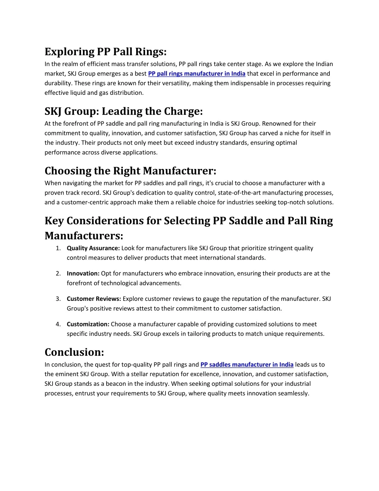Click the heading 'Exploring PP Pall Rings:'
click(105, 52)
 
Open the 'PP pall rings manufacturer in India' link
click(197, 74)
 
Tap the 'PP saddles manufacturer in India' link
click(247, 365)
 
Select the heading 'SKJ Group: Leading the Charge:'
click(124, 111)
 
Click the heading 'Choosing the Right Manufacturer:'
click(130, 171)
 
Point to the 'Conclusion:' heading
click(74, 352)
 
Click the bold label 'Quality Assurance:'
click(93, 248)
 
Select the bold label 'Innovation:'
click(83, 273)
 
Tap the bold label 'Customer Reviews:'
click(94, 299)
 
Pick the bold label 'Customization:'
click(88, 324)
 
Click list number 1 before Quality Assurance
click(58, 248)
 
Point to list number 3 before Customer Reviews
click(58, 299)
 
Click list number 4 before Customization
click(58, 324)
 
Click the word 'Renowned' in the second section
click(276, 124)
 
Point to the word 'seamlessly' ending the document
click(292, 394)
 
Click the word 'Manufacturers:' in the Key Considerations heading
click(84, 236)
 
